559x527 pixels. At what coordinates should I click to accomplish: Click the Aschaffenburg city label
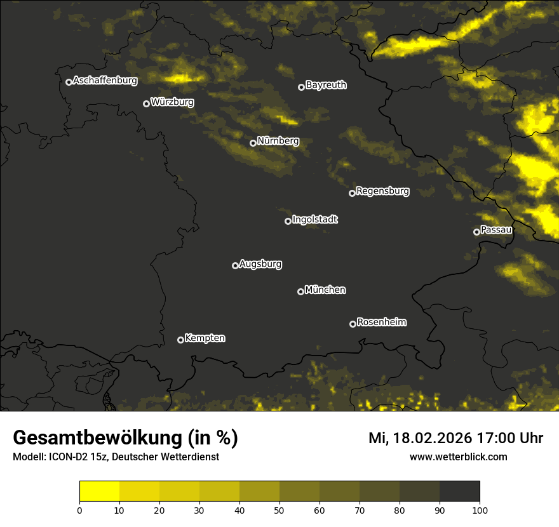click(x=105, y=80)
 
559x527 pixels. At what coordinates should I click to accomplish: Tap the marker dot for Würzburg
click(x=146, y=103)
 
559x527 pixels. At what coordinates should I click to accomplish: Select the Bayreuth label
click(x=326, y=84)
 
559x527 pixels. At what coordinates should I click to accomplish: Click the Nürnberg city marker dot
click(x=253, y=143)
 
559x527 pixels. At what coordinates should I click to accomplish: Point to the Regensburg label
click(x=382, y=190)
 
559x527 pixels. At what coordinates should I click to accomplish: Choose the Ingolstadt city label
click(x=314, y=219)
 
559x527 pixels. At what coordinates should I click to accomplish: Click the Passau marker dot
click(x=476, y=232)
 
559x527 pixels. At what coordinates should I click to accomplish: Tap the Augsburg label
click(x=260, y=263)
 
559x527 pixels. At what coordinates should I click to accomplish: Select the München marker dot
click(x=300, y=291)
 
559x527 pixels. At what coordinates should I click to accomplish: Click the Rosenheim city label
click(x=381, y=322)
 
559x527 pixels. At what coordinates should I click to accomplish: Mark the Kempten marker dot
click(x=180, y=340)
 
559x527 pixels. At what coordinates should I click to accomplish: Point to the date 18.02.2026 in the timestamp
click(x=432, y=438)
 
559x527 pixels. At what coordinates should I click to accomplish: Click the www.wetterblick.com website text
click(x=458, y=457)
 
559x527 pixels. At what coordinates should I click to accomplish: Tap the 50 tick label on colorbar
click(x=279, y=509)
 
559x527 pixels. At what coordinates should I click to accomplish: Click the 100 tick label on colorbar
click(x=480, y=509)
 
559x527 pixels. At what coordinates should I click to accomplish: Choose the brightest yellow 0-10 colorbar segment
click(x=100, y=491)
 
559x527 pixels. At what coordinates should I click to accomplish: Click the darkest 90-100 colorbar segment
click(x=459, y=491)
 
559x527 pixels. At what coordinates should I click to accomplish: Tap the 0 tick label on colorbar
click(x=79, y=509)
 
